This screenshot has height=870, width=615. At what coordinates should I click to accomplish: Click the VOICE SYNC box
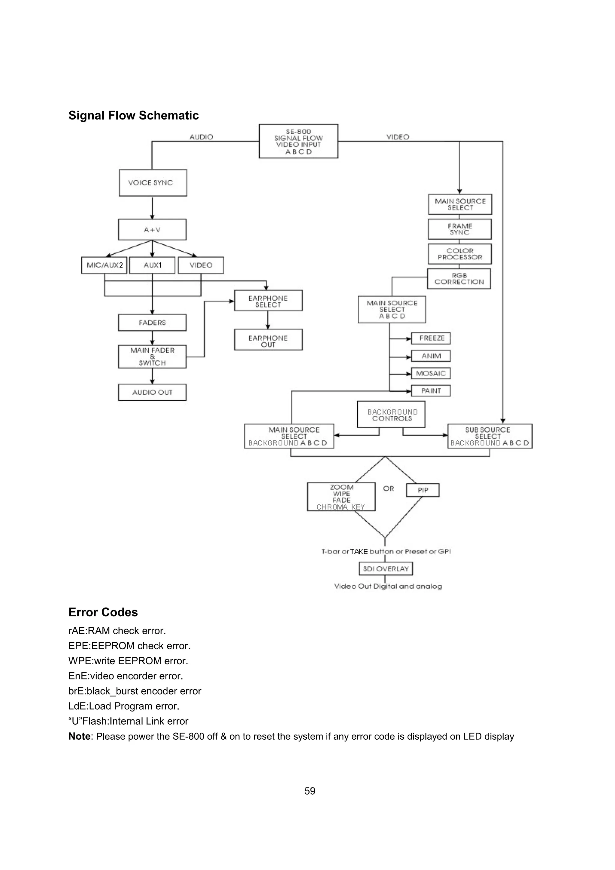(153, 183)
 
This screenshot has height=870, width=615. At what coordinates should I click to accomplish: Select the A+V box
(152, 230)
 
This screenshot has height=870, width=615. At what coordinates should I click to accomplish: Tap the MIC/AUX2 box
(105, 265)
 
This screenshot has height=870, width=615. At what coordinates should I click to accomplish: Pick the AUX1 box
(152, 265)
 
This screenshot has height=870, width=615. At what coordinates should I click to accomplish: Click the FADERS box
(152, 323)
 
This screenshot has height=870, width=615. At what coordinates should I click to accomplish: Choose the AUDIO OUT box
(152, 393)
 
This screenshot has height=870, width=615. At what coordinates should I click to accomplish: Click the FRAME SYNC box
(460, 229)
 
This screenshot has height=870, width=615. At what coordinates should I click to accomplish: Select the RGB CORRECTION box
(459, 279)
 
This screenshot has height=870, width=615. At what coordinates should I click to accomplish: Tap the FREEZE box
(431, 338)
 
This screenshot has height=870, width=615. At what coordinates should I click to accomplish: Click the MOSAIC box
(431, 374)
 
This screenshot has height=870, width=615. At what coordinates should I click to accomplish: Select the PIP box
(423, 490)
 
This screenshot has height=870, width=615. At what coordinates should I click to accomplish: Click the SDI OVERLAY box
(385, 569)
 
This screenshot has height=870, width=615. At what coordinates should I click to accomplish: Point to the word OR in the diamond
(388, 489)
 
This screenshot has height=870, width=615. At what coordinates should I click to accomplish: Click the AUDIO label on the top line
(201, 137)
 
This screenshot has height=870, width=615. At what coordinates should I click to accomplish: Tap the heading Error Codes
(103, 612)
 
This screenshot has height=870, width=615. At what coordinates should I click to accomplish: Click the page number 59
(310, 791)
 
